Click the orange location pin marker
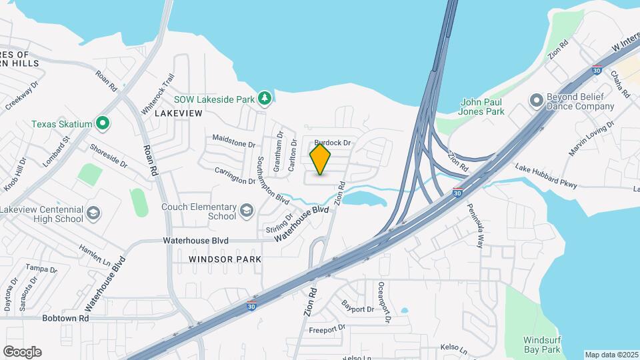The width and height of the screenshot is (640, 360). (321, 159)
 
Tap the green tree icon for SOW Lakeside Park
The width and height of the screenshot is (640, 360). (265, 99)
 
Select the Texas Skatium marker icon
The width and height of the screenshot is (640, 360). (103, 123)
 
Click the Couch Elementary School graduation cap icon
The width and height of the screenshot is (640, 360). (247, 211)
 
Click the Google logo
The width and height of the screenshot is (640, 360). (22, 351)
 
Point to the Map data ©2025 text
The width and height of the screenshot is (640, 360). (611, 355)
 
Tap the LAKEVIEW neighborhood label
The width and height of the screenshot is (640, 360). (178, 114)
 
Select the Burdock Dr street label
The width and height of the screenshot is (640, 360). (332, 143)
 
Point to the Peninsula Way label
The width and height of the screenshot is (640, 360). (474, 226)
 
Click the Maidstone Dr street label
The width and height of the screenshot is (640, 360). (234, 141)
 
